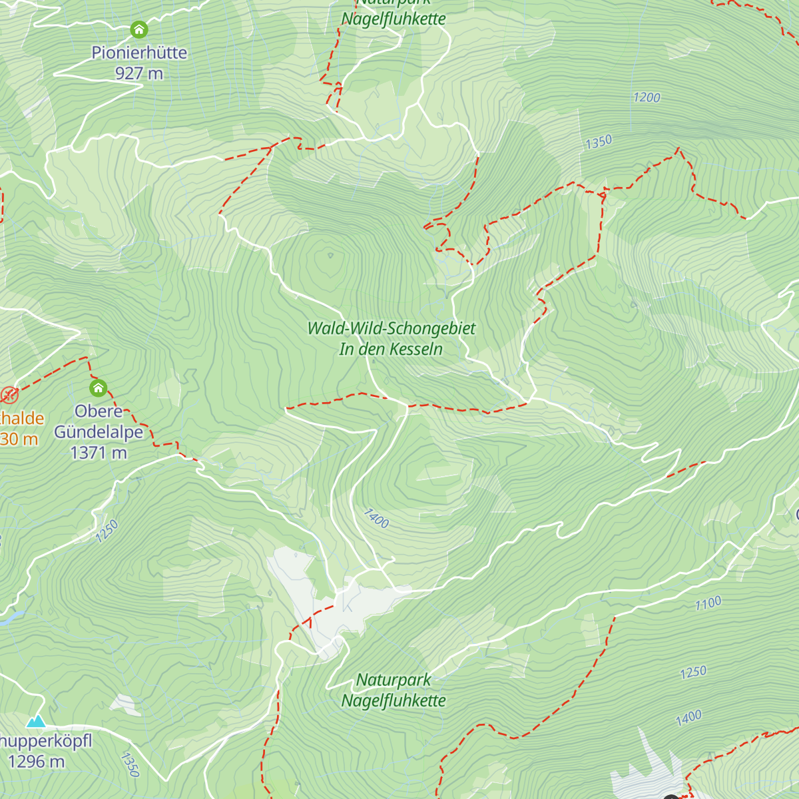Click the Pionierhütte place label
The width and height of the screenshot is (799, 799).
[139, 53]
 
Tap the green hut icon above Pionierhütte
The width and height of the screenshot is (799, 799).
[138, 29]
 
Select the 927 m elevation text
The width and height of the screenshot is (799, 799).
[139, 73]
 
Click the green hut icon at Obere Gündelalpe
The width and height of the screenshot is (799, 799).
[98, 388]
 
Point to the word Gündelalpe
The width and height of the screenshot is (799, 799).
[99, 432]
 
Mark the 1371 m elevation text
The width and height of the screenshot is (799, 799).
[99, 453]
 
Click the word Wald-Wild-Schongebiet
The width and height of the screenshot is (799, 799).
[392, 328]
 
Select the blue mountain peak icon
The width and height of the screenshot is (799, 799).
[36, 721]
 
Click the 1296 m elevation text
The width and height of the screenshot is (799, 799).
[37, 761]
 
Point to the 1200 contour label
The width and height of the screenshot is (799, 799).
[647, 98]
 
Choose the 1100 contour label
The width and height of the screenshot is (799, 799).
[708, 603]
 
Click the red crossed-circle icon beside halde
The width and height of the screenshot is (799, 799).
[9, 395]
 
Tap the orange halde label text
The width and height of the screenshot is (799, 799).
[22, 419]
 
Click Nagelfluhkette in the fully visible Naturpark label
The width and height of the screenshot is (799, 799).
[394, 700]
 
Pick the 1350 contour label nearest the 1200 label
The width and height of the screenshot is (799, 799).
[599, 142]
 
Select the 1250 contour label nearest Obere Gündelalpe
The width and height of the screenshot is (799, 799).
[107, 531]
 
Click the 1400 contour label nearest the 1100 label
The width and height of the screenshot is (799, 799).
[688, 717]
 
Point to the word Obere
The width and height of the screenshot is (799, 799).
[99, 411]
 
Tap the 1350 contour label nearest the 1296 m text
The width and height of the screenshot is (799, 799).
[131, 764]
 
